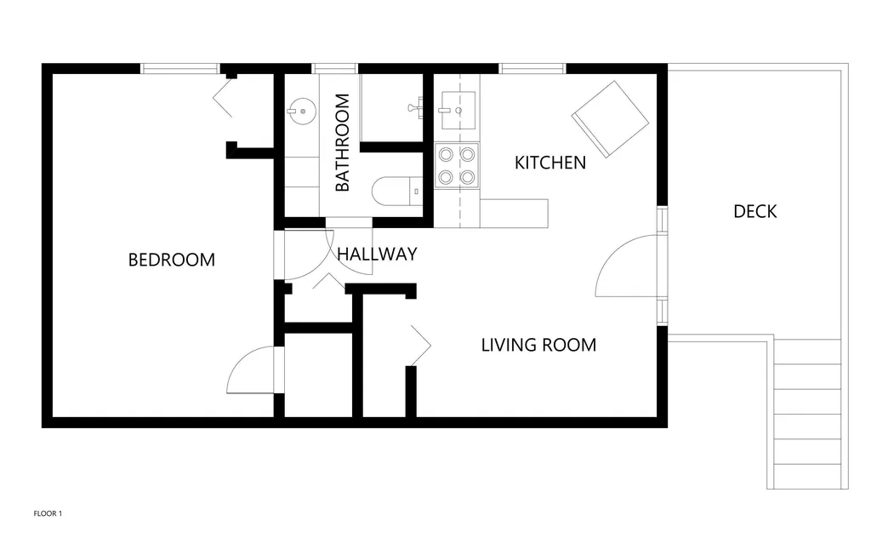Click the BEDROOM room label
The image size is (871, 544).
pyautogui.click(x=171, y=260)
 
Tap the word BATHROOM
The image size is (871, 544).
pyautogui.click(x=342, y=142)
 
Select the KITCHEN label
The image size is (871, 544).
pyautogui.click(x=550, y=163)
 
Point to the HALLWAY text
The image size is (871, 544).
pyautogui.click(x=377, y=255)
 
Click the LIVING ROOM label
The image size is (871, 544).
pyautogui.click(x=538, y=345)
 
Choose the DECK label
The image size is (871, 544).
pyautogui.click(x=755, y=211)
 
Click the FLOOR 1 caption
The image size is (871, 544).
pyautogui.click(x=48, y=513)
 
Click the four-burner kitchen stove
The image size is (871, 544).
pyautogui.click(x=457, y=166)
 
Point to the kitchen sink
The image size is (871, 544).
pyautogui.click(x=458, y=110)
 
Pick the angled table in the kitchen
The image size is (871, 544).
pyautogui.click(x=610, y=118)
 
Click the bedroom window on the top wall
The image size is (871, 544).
pyautogui.click(x=180, y=68)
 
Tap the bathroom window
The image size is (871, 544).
pyautogui.click(x=334, y=68)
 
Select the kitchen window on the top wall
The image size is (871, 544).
pyautogui.click(x=532, y=68)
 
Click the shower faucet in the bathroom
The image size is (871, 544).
pyautogui.click(x=415, y=107)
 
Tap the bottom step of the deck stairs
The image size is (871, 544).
pyautogui.click(x=806, y=476)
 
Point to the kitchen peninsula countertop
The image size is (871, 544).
pyautogui.click(x=514, y=214)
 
